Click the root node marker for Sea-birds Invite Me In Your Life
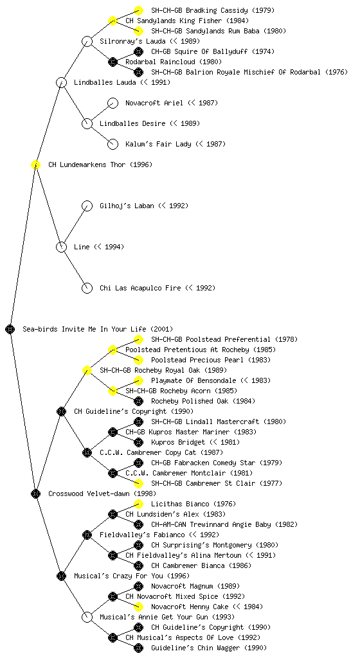[10, 329]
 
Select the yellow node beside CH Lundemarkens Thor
[35, 164]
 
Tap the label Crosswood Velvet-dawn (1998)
[102, 493]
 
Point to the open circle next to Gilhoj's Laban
[87, 206]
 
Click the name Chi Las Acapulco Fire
[140, 288]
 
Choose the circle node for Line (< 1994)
[61, 247]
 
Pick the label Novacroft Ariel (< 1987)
[172, 103]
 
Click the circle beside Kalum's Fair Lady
[113, 144]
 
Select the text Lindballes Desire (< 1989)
[150, 123]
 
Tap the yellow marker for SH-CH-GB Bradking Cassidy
[138, 10]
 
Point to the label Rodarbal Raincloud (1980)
[168, 62]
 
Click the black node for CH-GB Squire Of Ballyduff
[138, 51]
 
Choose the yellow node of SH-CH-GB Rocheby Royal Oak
[87, 370]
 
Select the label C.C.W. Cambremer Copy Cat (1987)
[161, 452]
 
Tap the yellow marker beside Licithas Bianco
[138, 504]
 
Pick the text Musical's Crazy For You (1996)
[132, 576]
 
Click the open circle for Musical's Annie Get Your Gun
[87, 617]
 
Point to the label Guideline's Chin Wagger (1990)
[209, 648]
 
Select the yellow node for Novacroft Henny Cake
[138, 607]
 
